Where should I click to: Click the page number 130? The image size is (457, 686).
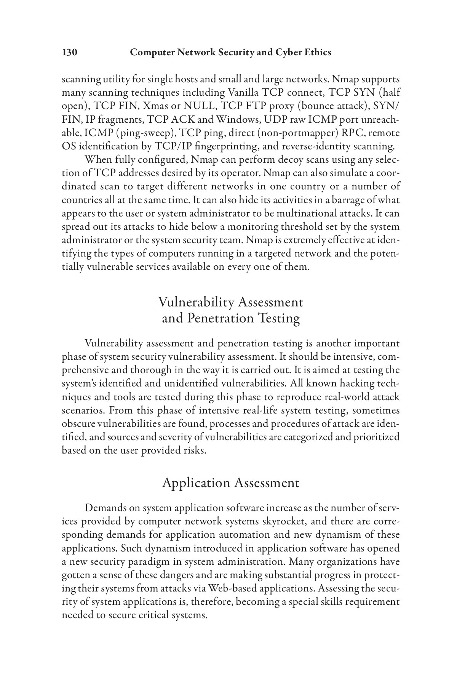point(70,52)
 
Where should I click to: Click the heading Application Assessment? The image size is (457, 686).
point(230,483)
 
